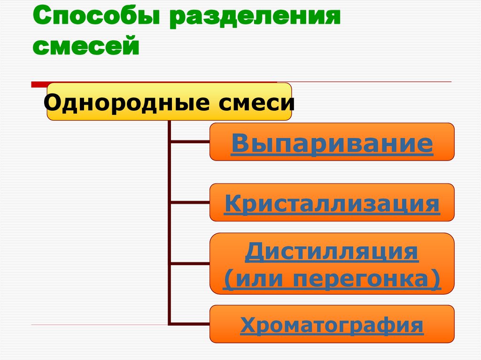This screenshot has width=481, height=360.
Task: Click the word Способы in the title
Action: pos(92,20)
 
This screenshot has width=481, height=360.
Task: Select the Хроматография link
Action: pos(332,325)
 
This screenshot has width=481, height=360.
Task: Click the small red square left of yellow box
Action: pos(39,85)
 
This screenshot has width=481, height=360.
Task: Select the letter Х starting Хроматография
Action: pos(248,325)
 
